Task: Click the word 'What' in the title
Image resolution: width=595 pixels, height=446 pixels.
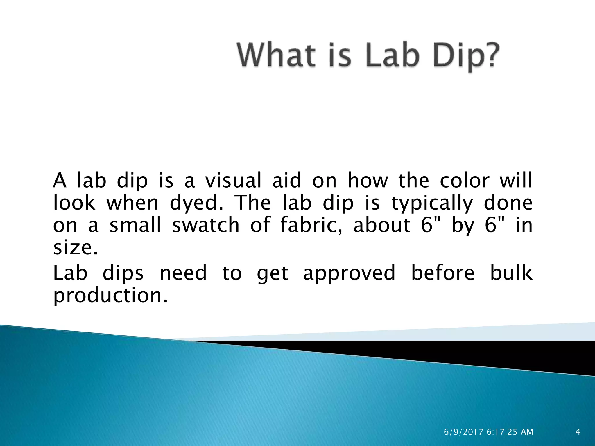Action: tap(276, 55)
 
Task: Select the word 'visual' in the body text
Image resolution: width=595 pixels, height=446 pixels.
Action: tap(233, 181)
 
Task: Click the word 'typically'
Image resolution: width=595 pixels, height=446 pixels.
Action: tap(432, 203)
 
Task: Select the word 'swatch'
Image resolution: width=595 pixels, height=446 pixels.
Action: tap(206, 225)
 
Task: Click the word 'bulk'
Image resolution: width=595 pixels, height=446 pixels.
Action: tap(511, 273)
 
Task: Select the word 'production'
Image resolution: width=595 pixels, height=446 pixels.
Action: tap(110, 296)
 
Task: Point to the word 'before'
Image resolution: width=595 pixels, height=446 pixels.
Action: tap(443, 273)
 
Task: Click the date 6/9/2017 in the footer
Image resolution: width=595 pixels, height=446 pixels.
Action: tap(464, 432)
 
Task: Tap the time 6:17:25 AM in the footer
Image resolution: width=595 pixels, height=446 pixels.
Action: tap(510, 432)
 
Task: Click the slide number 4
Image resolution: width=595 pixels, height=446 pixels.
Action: tap(578, 432)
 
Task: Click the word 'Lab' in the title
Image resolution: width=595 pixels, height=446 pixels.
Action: tap(392, 55)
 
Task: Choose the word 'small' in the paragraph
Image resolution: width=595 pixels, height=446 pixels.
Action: tap(135, 225)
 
